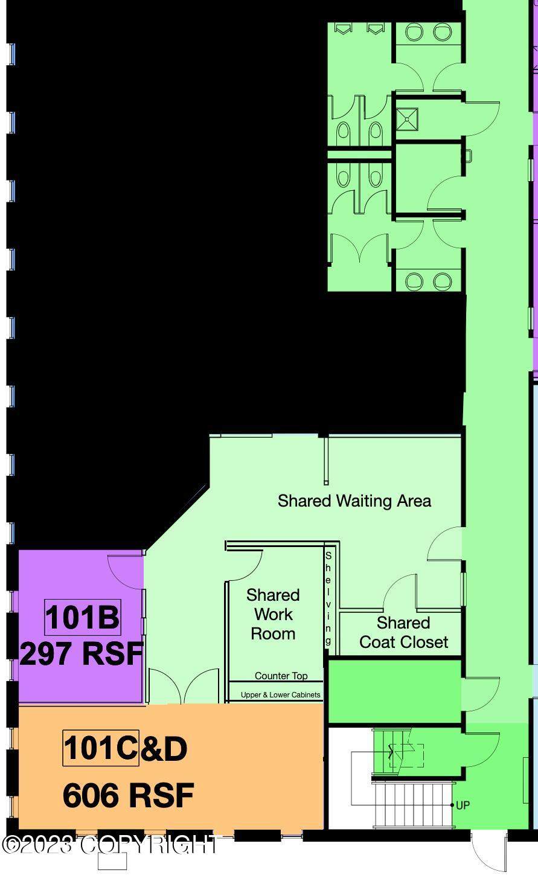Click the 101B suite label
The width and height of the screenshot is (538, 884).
[x=83, y=618]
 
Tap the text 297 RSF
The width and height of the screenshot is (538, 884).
[x=82, y=654]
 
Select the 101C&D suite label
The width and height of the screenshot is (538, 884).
[x=125, y=748]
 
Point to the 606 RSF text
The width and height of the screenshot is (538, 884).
[x=128, y=796]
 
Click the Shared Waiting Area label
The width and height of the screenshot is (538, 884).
[x=354, y=501]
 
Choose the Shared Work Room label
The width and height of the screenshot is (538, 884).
[x=273, y=615]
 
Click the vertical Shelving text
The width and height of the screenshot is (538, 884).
[x=328, y=598]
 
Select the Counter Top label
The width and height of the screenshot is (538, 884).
[x=281, y=676]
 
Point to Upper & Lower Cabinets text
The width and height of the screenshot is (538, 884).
[x=281, y=694]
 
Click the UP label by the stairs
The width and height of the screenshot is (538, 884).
[x=463, y=806]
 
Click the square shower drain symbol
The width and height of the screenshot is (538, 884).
[x=407, y=118]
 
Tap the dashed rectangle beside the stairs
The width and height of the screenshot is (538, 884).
[x=406, y=756]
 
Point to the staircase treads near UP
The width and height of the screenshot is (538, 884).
[x=413, y=806]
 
